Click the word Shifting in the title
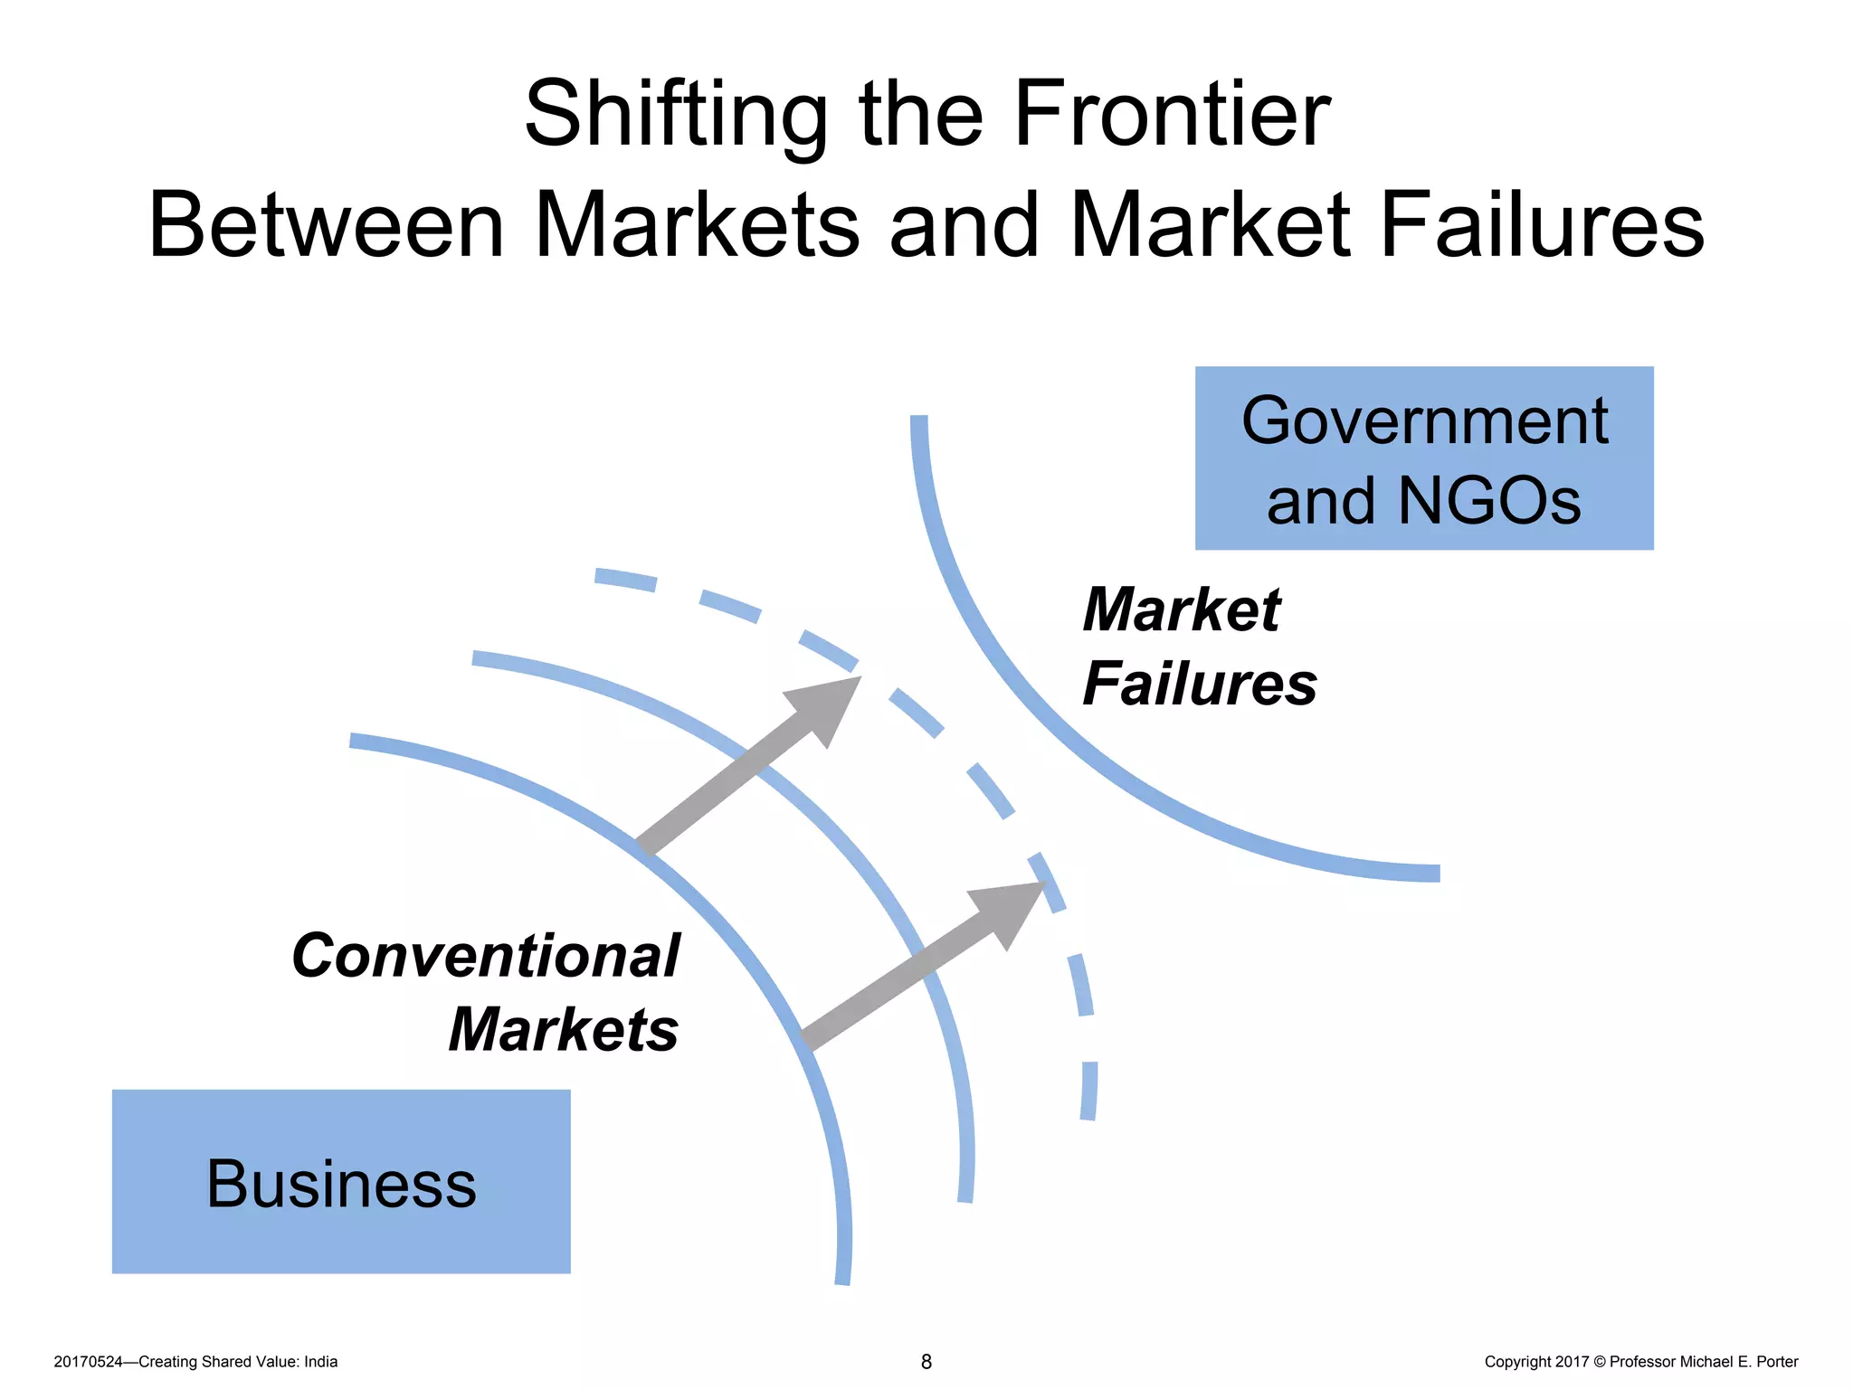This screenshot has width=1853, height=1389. pyautogui.click(x=675, y=116)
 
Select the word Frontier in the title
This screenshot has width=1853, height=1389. pyautogui.click(x=1171, y=114)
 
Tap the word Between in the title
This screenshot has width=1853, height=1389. pyautogui.click(x=326, y=226)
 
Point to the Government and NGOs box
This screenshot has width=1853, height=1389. pyautogui.click(x=1423, y=458)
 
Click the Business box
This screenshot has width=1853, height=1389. pyautogui.click(x=341, y=1181)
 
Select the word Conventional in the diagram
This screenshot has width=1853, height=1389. pyautogui.click(x=486, y=956)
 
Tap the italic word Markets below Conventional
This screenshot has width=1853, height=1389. pyautogui.click(x=563, y=1030)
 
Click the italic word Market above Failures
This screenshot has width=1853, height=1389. pyautogui.click(x=1182, y=610)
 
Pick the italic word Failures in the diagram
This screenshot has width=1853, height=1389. pyautogui.click(x=1200, y=685)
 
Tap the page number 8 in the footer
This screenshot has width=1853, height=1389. pyautogui.click(x=926, y=1362)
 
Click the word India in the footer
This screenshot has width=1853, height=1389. pyautogui.click(x=320, y=1362)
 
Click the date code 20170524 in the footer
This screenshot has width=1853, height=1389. pyautogui.click(x=88, y=1362)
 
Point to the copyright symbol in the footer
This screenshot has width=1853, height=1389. pyautogui.click(x=1599, y=1362)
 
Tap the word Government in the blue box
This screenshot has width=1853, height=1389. pyautogui.click(x=1424, y=421)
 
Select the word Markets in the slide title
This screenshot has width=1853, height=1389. pyautogui.click(x=697, y=226)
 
